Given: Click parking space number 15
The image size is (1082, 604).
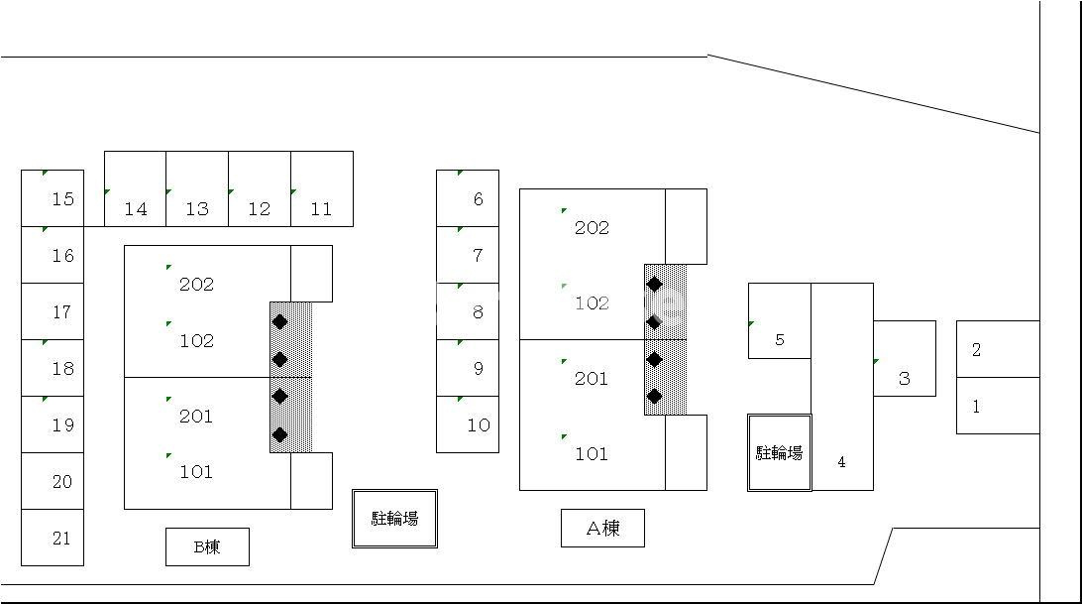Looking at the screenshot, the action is (53, 198).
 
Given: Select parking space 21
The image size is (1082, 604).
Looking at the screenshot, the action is (53, 538).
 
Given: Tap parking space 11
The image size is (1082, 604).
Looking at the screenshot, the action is (322, 188).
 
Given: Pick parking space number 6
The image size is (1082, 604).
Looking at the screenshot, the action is (468, 198).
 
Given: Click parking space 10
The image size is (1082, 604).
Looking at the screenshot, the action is (468, 424).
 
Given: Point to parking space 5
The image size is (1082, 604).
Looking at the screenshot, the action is (780, 320).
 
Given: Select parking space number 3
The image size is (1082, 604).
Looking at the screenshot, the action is (905, 358).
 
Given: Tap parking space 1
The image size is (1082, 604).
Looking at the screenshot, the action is (998, 406).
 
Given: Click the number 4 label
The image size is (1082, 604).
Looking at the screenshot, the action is (842, 462).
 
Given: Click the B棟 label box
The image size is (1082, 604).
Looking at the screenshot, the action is (208, 547).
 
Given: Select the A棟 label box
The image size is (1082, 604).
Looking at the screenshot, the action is (603, 528).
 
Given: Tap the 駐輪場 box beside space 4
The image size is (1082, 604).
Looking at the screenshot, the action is (780, 452).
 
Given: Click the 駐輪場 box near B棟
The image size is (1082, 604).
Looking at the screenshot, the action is (394, 519).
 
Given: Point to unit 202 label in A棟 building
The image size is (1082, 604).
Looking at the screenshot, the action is (593, 227).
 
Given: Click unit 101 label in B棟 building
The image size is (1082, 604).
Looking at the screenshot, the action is (196, 472).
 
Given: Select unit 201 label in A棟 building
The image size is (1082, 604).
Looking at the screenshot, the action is (592, 378).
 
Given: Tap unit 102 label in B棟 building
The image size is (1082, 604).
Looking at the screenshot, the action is (196, 341).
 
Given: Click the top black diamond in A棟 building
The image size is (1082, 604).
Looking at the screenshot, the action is (655, 284).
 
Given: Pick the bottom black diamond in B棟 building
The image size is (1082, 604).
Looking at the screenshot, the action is (280, 434).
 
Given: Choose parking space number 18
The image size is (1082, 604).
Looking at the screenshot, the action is (53, 368).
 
